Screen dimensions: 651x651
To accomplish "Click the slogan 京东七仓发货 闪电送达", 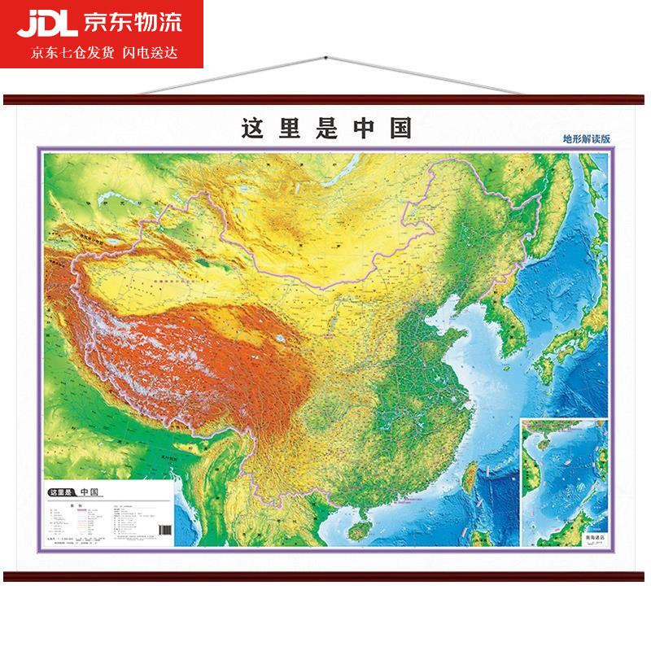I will (104, 53).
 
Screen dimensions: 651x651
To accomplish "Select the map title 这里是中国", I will (326, 129).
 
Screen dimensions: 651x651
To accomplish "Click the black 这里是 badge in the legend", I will (62, 492).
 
